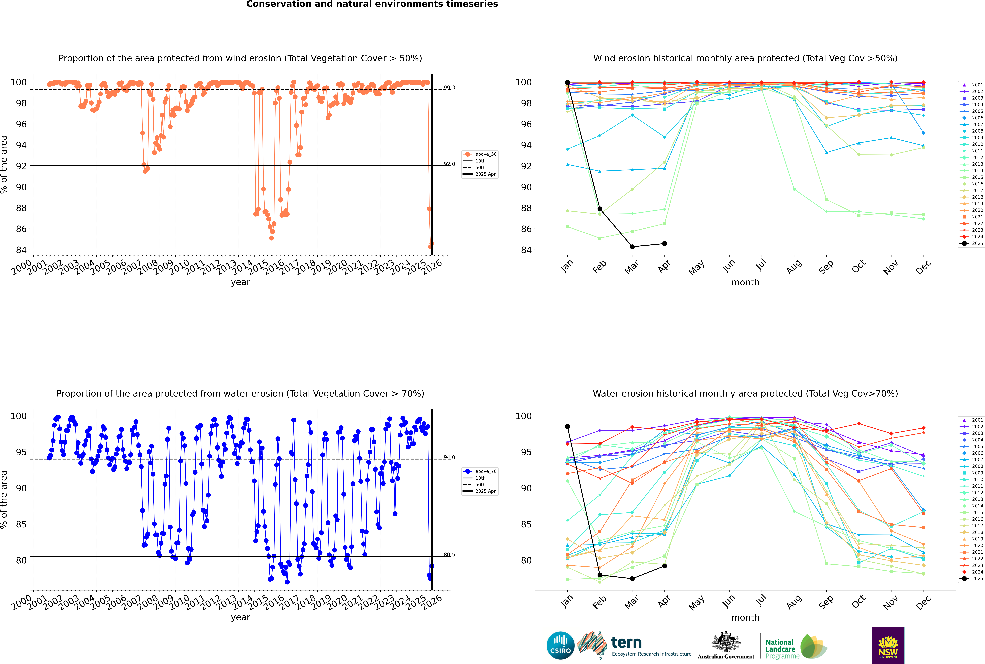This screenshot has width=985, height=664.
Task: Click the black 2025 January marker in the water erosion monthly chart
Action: tap(567, 426)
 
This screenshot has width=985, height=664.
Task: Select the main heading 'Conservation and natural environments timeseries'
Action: tap(372, 4)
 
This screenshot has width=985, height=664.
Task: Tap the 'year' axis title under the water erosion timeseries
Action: tap(240, 617)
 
